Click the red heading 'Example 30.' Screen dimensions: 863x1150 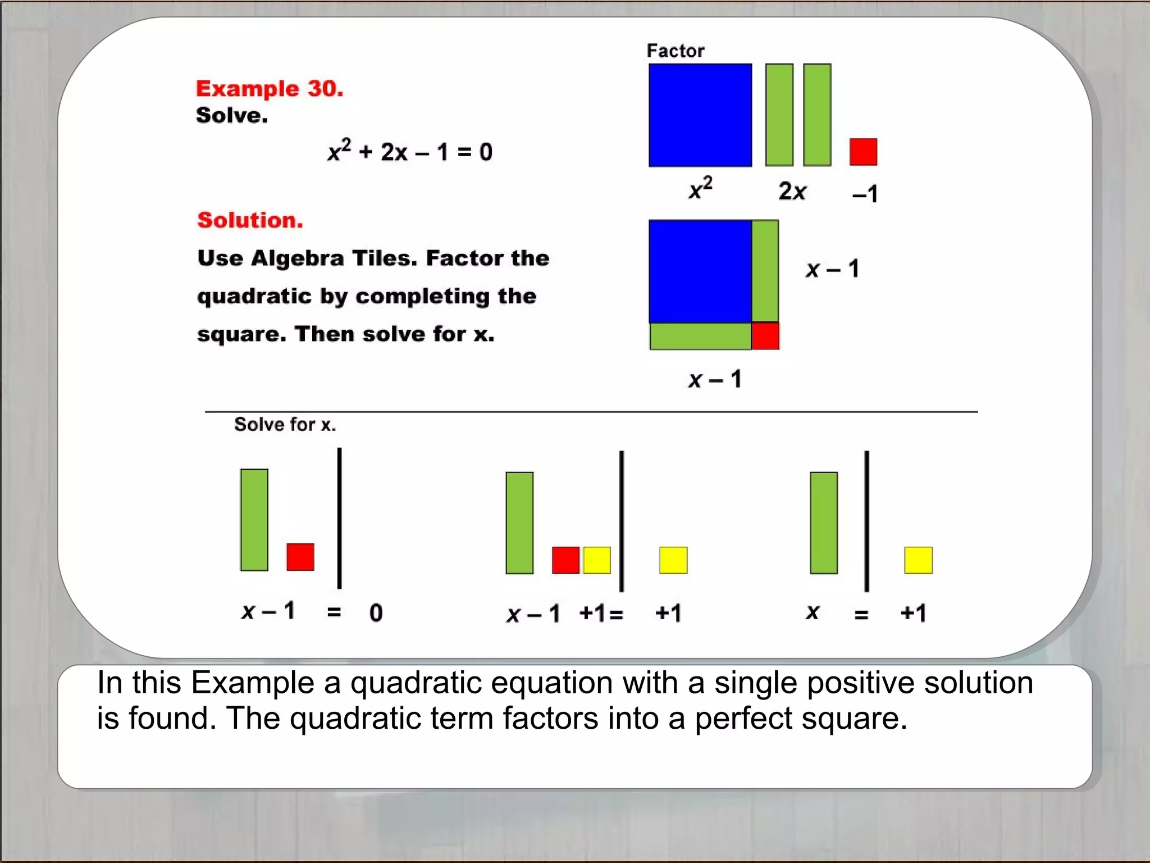coord(270,89)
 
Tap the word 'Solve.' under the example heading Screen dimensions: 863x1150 coord(232,116)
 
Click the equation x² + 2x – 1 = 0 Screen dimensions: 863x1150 coord(410,152)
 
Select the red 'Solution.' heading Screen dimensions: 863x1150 coord(250,220)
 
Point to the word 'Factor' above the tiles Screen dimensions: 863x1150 coord(675,51)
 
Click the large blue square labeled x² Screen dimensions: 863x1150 coord(700,115)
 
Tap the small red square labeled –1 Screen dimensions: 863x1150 coord(863,152)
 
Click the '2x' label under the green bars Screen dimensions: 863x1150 coord(792,192)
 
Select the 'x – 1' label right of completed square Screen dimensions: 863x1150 coord(832,269)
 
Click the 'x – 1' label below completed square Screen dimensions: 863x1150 coord(715,380)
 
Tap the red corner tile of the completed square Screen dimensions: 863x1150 coord(765,336)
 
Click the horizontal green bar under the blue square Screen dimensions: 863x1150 coord(700,336)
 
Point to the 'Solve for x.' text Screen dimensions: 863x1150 coord(285,425)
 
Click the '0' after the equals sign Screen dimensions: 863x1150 coord(376,613)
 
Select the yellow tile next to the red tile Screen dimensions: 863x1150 coord(596,560)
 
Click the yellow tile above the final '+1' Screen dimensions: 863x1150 coord(918,560)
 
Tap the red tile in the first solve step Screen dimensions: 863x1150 coord(300,557)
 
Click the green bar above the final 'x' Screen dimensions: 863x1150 coord(823,523)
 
